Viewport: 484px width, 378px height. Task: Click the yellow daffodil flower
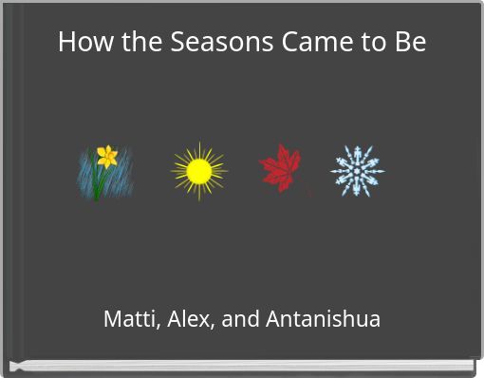107,156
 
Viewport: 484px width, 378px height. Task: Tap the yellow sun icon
198,171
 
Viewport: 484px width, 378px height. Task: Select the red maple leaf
281,167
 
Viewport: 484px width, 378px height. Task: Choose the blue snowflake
357,171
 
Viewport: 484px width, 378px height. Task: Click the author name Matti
130,319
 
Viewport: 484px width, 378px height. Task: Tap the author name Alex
190,319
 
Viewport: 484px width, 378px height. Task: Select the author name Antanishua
324,319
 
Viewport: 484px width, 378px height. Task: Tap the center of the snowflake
357,171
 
